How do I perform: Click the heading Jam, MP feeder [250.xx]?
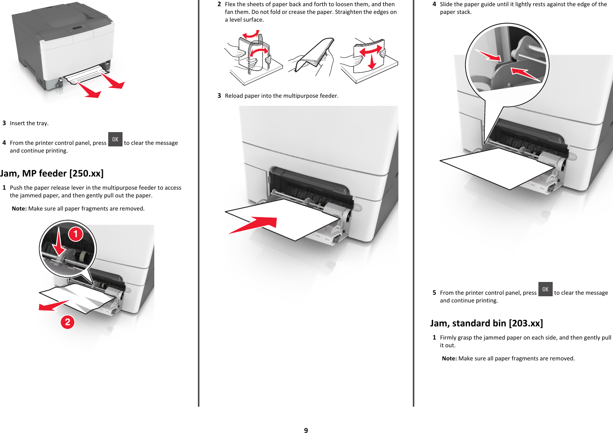pyautogui.click(x=52, y=173)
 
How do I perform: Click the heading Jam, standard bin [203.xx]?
pyautogui.click(x=486, y=323)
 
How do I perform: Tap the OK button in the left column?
pyautogui.click(x=115, y=139)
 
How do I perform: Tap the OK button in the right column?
pyautogui.click(x=545, y=289)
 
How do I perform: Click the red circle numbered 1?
pyautogui.click(x=76, y=234)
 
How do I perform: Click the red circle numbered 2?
pyautogui.click(x=68, y=322)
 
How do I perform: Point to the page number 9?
pyautogui.click(x=306, y=430)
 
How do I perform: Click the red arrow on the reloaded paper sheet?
pyautogui.click(x=255, y=224)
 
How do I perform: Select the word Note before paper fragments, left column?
pyautogui.click(x=19, y=209)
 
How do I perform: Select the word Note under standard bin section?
pyautogui.click(x=449, y=358)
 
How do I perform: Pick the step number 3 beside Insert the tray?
pyautogui.click(x=4, y=123)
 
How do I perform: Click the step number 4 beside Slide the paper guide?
pyautogui.click(x=434, y=4)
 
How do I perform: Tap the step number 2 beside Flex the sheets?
pyautogui.click(x=219, y=4)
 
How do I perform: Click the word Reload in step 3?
pyautogui.click(x=234, y=96)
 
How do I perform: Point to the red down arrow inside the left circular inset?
pyautogui.click(x=59, y=243)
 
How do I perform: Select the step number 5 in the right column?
pyautogui.click(x=434, y=293)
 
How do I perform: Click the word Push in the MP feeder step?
pyautogui.click(x=16, y=188)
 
